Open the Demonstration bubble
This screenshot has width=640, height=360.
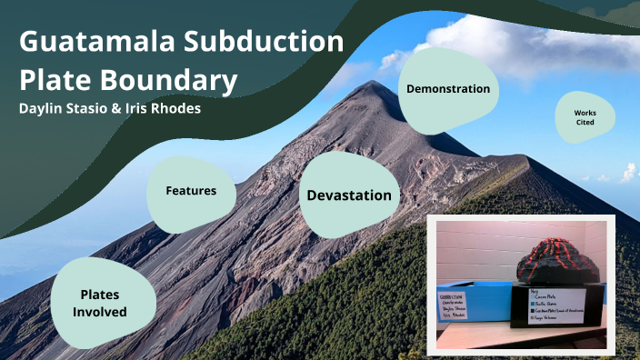pyautogui.click(x=448, y=89)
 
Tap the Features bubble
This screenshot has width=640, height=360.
pyautogui.click(x=191, y=191)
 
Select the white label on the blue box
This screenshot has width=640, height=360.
pyautogui.click(x=455, y=307)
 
